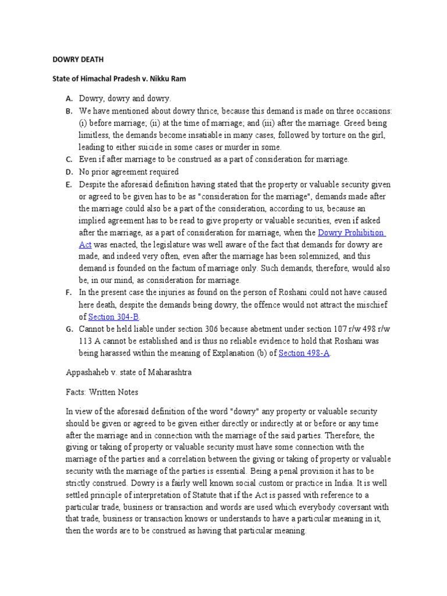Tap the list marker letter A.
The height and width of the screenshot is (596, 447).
(x=68, y=99)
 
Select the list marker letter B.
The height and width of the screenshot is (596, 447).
(x=68, y=111)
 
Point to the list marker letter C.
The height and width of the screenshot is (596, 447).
(x=68, y=159)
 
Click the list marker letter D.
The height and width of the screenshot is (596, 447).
(x=68, y=172)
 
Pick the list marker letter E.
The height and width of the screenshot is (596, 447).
(x=68, y=184)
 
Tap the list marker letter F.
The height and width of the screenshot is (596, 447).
(x=68, y=292)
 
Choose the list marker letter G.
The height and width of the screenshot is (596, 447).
(x=68, y=329)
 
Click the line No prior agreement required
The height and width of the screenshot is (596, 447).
(x=129, y=172)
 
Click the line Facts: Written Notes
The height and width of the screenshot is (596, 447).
(x=101, y=392)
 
